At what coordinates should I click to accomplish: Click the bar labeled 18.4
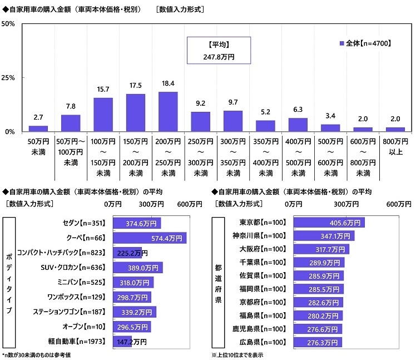pos(168,111)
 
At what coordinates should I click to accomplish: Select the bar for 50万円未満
pos(38,129)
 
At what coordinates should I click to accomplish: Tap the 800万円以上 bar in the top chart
pos(395,129)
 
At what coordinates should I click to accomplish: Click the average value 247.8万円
pos(219,56)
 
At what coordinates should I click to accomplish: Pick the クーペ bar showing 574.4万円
pos(150,238)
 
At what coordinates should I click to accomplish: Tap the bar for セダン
pos(137,223)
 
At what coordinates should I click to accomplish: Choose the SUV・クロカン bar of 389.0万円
pos(138,267)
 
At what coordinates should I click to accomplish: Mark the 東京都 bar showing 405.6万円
pos(328,223)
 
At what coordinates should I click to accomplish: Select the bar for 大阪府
pos(321,249)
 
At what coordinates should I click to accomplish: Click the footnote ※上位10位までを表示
pos(237,354)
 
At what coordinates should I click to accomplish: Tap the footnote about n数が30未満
pos(37,354)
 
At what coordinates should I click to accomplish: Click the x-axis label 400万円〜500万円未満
pos(298,157)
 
